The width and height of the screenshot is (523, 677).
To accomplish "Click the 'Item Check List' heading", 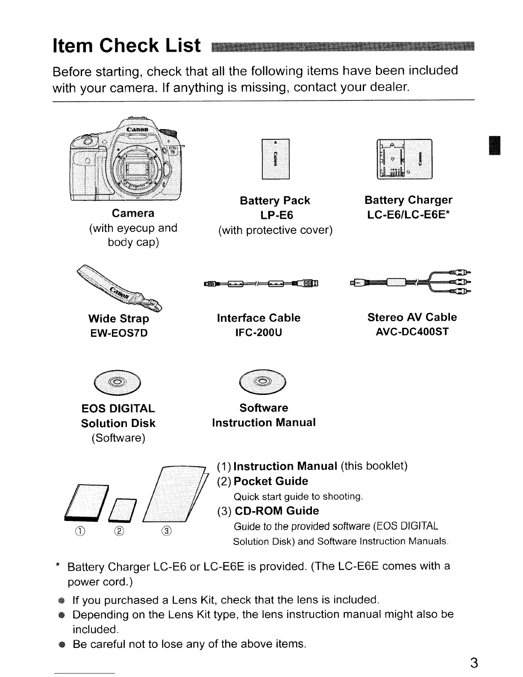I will (126, 45).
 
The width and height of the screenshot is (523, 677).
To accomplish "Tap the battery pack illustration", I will (275, 159).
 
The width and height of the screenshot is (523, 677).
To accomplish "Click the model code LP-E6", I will (275, 215).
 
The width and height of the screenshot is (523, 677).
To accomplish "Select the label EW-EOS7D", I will (118, 333).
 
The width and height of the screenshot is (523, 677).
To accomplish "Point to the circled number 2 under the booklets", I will (121, 532).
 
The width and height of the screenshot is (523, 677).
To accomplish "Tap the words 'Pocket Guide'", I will (271, 481).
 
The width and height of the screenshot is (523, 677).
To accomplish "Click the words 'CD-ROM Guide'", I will (276, 511).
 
